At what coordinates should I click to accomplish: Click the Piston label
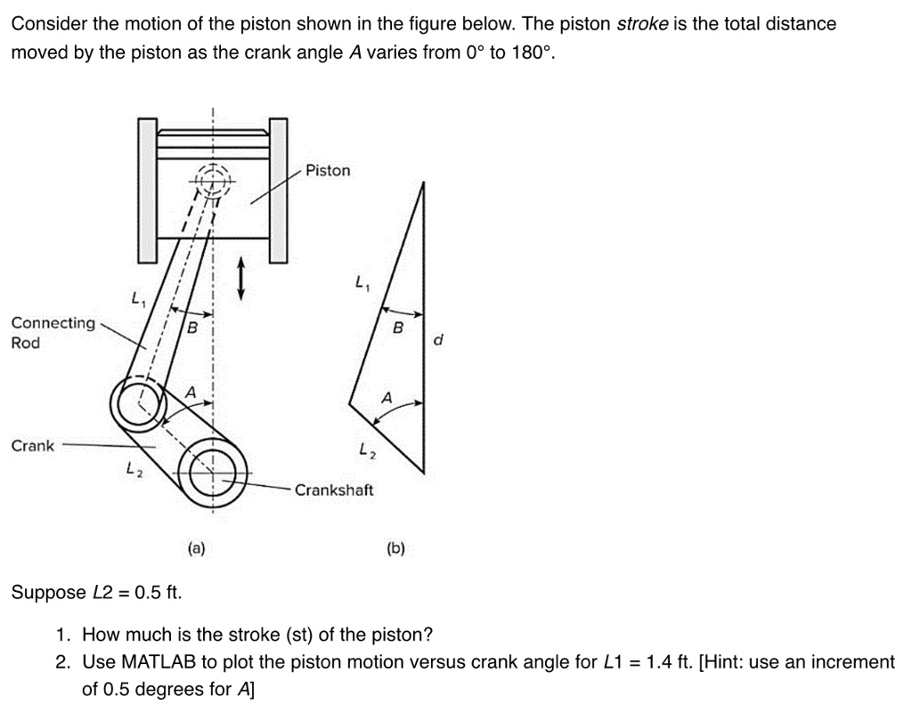click(x=328, y=170)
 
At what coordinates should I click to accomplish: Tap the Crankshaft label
click(x=334, y=490)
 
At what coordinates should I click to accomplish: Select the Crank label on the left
click(x=32, y=446)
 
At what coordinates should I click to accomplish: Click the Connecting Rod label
click(x=53, y=333)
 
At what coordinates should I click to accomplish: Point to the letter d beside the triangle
click(x=437, y=339)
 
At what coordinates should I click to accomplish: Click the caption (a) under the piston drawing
click(x=196, y=549)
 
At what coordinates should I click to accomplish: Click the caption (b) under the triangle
click(x=395, y=549)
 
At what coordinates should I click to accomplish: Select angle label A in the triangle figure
click(x=386, y=398)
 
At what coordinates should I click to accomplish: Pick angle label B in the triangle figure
click(x=398, y=328)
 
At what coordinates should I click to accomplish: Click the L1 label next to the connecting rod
click(x=136, y=300)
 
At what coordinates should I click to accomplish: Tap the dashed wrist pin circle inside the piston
click(x=212, y=181)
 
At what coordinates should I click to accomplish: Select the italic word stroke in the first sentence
click(x=643, y=24)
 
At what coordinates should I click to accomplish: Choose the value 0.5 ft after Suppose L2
click(x=157, y=593)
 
